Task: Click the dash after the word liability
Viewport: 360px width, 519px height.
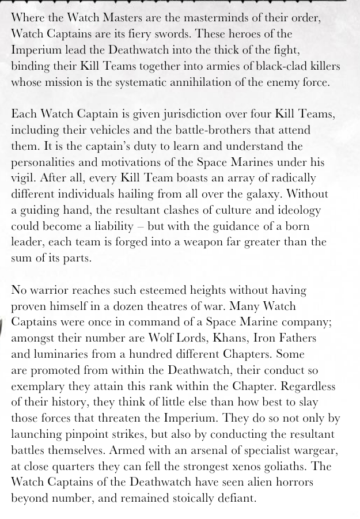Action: click(x=139, y=226)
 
